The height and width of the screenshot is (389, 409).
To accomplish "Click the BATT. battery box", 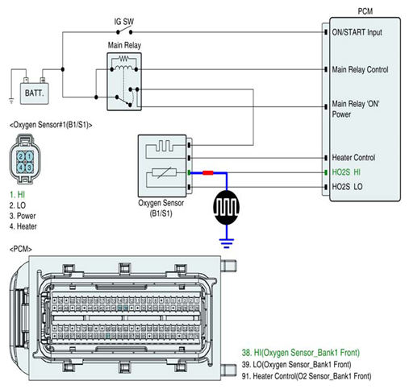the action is coord(35,93).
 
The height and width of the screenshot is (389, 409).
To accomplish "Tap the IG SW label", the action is coord(124,22).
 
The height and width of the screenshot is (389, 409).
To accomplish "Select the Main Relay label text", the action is coord(124,45).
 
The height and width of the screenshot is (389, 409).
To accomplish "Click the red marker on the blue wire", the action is coord(208,172).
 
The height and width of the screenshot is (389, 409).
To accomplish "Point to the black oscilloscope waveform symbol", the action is coord(227,207).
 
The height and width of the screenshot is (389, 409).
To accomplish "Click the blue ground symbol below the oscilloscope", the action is coord(227,243).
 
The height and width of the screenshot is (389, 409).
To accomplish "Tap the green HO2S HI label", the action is coord(346,172).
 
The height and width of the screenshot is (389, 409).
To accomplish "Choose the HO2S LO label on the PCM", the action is coord(347,187).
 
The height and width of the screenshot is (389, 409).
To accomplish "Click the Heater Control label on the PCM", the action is coord(353,157).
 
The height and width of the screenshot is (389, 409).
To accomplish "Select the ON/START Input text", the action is coord(357,32).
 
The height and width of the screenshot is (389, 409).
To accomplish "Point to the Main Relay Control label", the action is coord(360,69).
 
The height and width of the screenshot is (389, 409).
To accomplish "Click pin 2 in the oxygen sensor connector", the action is coord(21,156).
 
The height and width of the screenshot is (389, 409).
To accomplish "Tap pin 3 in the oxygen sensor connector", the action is coord(29,168).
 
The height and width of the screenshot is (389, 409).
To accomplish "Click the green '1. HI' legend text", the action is coord(17,195).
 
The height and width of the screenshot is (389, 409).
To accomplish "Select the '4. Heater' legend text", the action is coord(23,226).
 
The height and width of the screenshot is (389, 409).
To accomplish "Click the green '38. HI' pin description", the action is coord(301,353).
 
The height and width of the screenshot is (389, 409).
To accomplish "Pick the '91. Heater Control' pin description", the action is coord(307,376).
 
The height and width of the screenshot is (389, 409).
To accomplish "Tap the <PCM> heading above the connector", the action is coord(21,249).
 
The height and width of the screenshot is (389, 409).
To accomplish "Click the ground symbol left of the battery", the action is coord(11,101).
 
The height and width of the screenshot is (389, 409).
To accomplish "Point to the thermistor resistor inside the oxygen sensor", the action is coord(164,172).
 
